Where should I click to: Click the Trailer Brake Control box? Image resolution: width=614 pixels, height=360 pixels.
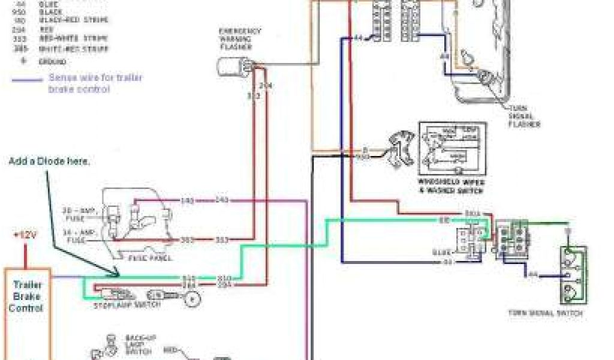tap(28, 312)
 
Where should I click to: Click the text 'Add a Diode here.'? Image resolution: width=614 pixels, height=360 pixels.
tap(49, 162)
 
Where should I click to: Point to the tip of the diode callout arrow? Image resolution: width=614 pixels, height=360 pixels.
tap(118, 275)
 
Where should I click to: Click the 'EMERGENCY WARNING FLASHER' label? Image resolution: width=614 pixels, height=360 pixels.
tap(239, 39)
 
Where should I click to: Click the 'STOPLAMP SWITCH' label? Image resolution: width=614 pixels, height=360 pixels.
tap(127, 305)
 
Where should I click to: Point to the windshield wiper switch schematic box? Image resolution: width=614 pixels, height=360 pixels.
tap(452, 148)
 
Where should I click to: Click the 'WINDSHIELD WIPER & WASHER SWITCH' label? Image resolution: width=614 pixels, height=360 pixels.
tap(452, 185)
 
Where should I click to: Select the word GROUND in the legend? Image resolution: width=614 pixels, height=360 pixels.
tap(52, 61)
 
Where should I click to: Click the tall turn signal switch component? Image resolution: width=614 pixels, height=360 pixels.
tap(574, 276)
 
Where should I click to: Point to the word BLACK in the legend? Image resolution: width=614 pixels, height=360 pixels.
tap(50, 12)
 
